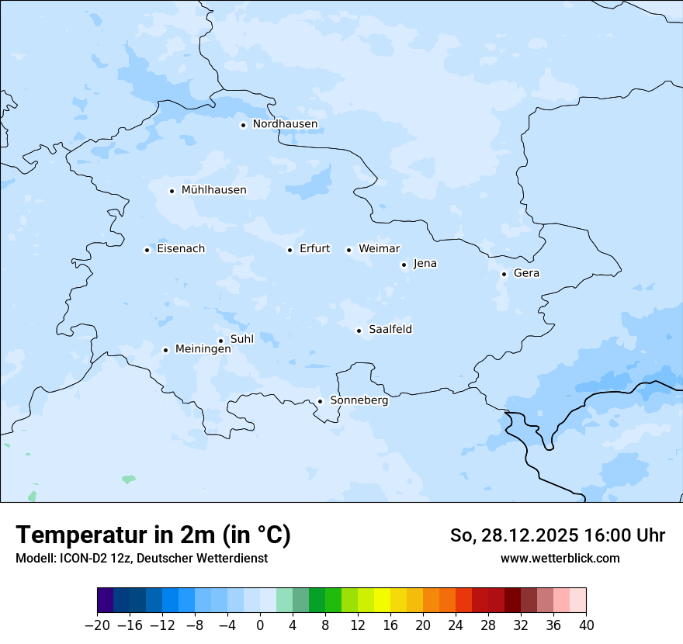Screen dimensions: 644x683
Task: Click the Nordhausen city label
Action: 285,124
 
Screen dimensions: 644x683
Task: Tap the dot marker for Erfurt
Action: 289,250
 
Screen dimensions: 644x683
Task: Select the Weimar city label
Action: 380,249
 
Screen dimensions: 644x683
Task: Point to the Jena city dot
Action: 404,265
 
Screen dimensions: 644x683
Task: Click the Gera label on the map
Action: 526,273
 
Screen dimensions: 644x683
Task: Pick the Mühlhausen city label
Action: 213,190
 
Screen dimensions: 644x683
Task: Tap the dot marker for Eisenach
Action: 147,249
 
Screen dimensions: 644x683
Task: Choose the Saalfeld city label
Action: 390,330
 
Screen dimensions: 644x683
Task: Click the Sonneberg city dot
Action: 320,401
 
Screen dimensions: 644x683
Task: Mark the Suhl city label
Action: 242,339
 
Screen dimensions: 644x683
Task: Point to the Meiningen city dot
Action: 165,350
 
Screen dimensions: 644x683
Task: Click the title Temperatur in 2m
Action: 153,535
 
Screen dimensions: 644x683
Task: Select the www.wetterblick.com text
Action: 560,558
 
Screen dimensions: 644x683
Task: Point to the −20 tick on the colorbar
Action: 97,625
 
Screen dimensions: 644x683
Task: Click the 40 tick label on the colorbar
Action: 586,625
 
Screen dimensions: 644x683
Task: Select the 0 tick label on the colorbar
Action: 260,625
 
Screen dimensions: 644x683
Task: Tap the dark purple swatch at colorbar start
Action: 105,601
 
